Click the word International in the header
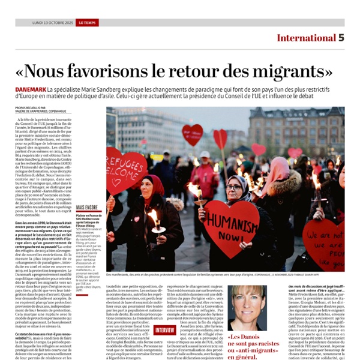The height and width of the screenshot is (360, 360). pos(305,38)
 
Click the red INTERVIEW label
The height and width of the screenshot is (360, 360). pos(164,329)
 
